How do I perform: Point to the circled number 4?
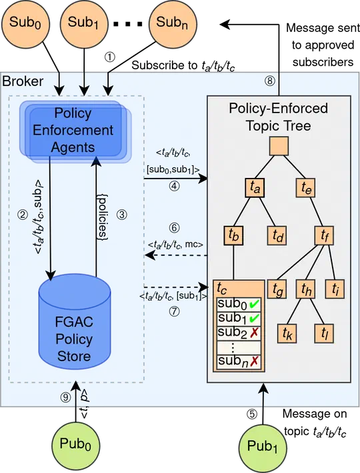pyautogui.click(x=175, y=187)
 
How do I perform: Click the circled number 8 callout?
pyautogui.click(x=269, y=81)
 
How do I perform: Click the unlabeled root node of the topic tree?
pyautogui.click(x=278, y=145)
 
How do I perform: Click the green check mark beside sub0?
pyautogui.click(x=255, y=305)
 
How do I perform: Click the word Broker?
pyautogui.click(x=23, y=81)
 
